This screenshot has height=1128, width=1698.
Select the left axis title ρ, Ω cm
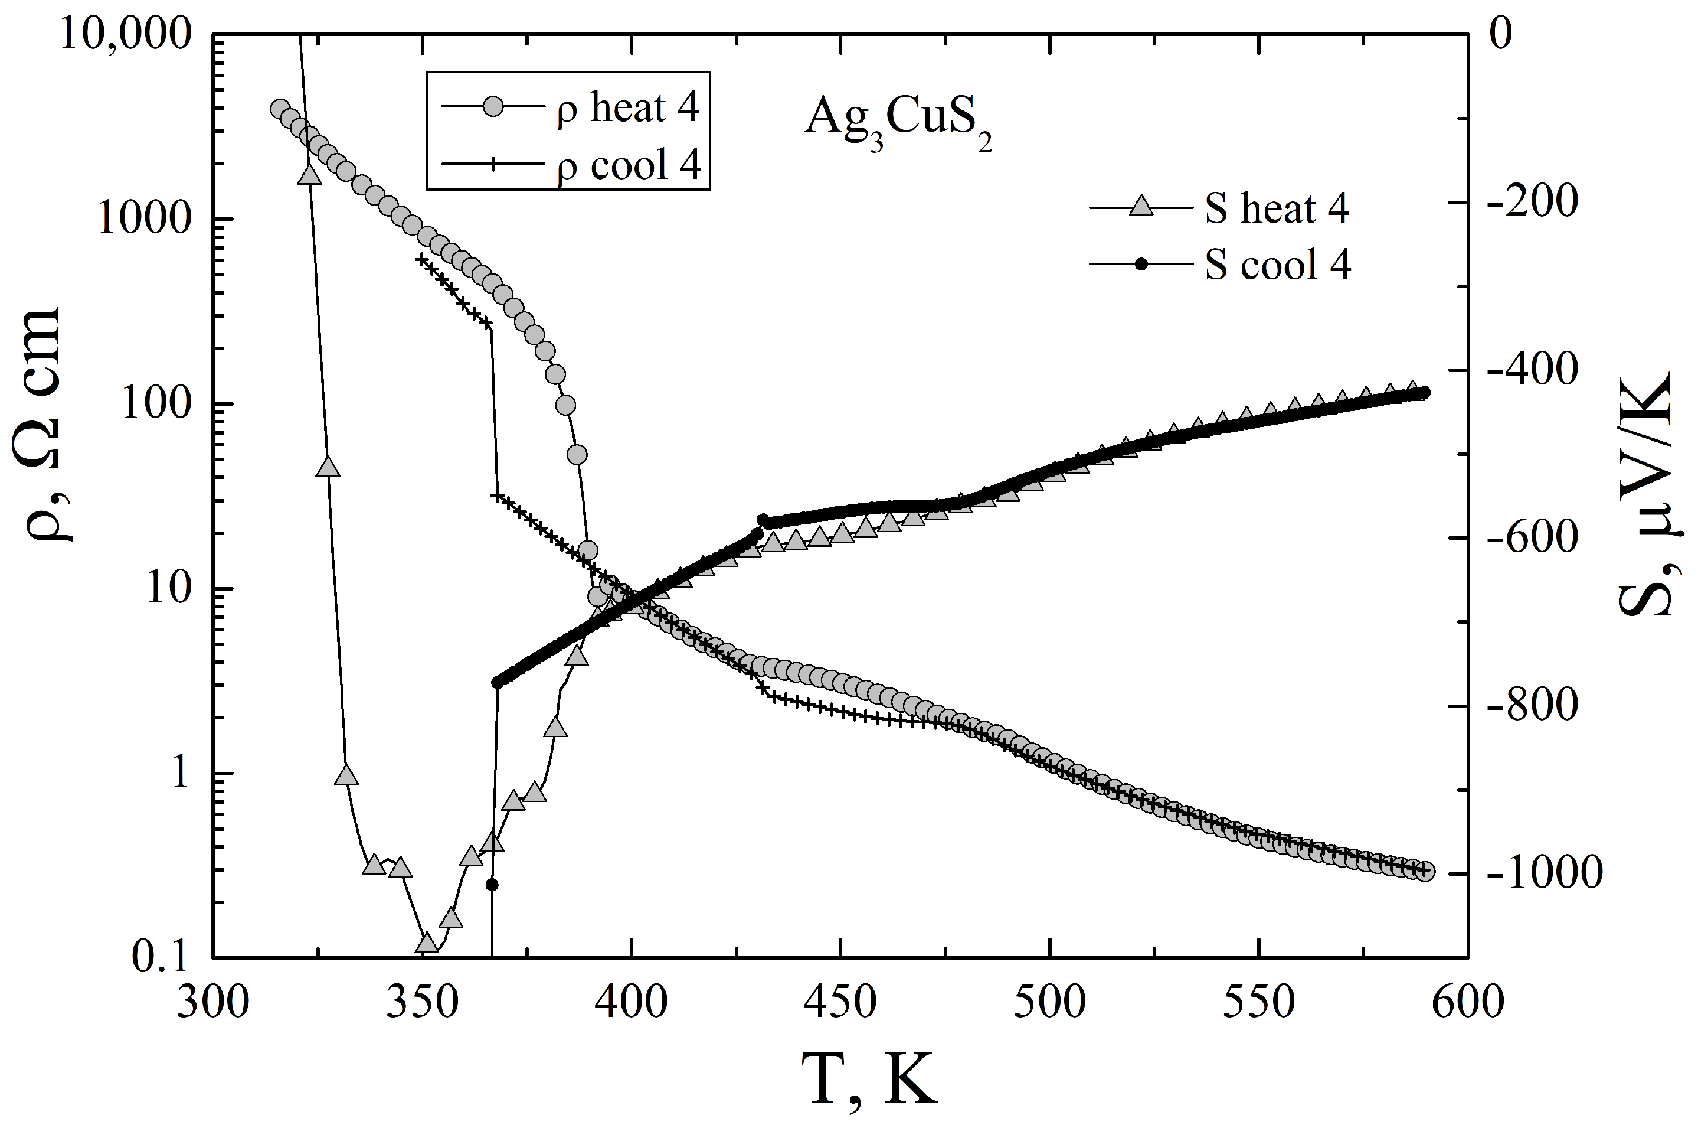(50, 425)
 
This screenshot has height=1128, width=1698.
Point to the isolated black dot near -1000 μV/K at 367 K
(492, 885)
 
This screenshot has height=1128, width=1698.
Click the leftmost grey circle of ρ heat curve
(280, 109)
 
